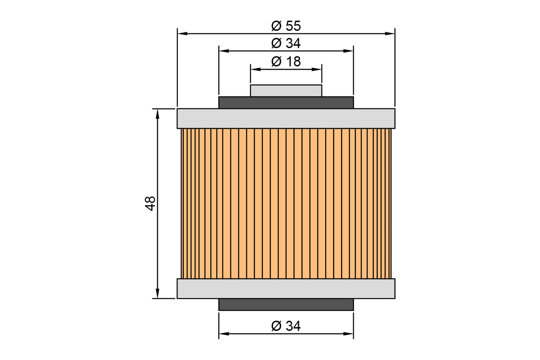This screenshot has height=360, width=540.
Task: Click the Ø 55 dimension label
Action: (286, 26)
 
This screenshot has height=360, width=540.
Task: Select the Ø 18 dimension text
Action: (286, 62)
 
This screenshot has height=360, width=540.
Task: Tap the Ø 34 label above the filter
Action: (286, 44)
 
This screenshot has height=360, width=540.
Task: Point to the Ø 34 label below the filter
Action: (286, 326)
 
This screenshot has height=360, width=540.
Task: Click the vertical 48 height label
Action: (150, 203)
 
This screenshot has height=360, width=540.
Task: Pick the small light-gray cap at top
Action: (286, 91)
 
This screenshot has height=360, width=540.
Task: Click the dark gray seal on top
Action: (286, 102)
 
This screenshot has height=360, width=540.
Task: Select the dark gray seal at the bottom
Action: (286, 304)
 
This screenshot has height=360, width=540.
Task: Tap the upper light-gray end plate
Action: (286, 118)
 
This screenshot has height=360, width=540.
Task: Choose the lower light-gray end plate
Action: (286, 289)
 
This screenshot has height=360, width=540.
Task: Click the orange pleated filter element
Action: (286, 204)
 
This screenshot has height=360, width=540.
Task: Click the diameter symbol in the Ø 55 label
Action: (276, 26)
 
